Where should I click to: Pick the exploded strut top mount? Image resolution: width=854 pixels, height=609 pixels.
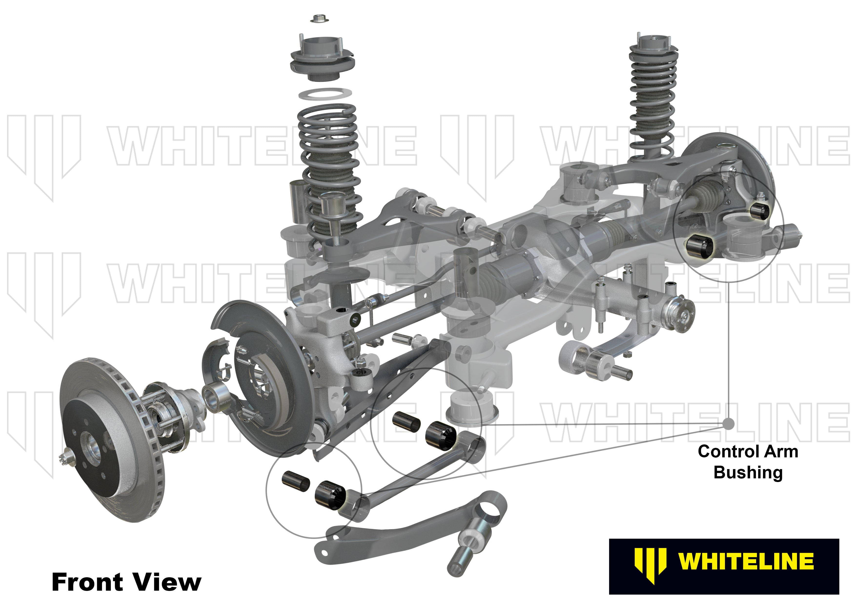[x=322, y=62]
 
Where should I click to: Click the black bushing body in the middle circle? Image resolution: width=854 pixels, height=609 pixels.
[x=441, y=435]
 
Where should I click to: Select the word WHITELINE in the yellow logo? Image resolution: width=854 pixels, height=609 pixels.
[x=746, y=561]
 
